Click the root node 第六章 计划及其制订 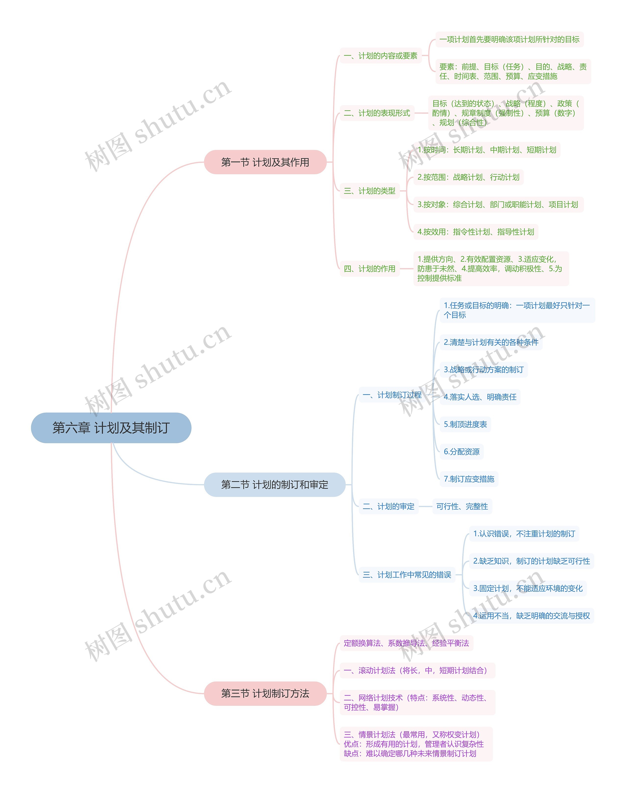pyautogui.click(x=111, y=428)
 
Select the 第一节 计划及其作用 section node pyautogui.click(x=265, y=162)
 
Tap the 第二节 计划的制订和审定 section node pyautogui.click(x=275, y=485)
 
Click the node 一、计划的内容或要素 pyautogui.click(x=380, y=56)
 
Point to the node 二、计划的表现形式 pyautogui.click(x=377, y=113)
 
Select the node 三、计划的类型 pyautogui.click(x=369, y=191)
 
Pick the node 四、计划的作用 pyautogui.click(x=369, y=269)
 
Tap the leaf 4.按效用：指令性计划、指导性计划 pyautogui.click(x=475, y=232)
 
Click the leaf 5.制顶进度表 pyautogui.click(x=465, y=424)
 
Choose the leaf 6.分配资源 pyautogui.click(x=461, y=451)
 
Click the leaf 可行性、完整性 pyautogui.click(x=462, y=507)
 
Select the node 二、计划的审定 pyautogui.click(x=388, y=507)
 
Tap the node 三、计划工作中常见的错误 pyautogui.click(x=407, y=575)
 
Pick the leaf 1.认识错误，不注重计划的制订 pyautogui.click(x=524, y=534)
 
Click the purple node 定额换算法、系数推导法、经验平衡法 pyautogui.click(x=406, y=643)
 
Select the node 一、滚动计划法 pyautogui.click(x=417, y=670)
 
